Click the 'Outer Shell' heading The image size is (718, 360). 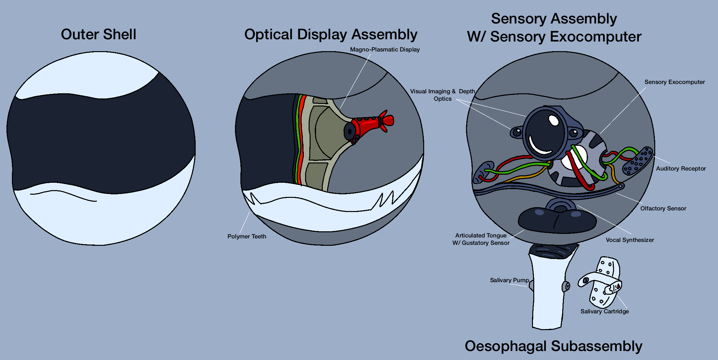coord(98,34)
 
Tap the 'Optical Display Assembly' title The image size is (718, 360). coord(331,34)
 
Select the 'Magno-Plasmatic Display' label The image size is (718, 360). coord(385,50)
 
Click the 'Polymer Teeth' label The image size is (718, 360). coord(247,236)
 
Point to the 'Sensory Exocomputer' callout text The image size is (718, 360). coord(674,82)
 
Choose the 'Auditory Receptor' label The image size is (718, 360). coord(681,169)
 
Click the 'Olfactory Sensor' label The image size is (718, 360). coord(663,208)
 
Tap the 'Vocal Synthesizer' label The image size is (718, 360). coord(629,240)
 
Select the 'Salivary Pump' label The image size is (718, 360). coord(509,280)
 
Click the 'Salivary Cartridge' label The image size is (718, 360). coord(604,311)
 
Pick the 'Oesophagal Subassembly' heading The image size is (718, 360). coord(553,346)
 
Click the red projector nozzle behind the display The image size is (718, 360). coord(370,124)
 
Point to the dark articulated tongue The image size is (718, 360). coord(557,220)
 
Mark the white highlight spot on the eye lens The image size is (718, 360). coord(554,120)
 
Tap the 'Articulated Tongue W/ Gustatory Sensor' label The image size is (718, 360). coord(481,239)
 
